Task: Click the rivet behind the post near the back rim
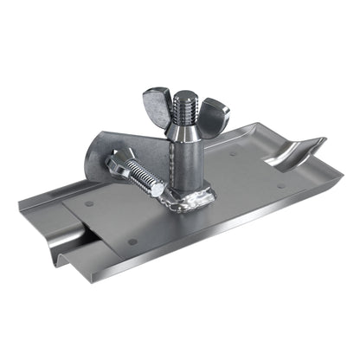tap(233, 155)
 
